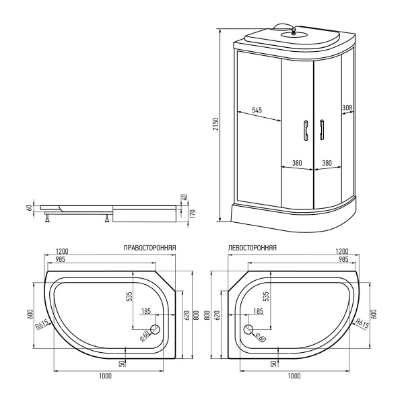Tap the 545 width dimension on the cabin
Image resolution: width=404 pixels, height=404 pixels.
pos(257,110)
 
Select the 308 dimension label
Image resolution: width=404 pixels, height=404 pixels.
pos(347,108)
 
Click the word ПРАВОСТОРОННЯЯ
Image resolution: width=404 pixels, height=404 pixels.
pos(150,248)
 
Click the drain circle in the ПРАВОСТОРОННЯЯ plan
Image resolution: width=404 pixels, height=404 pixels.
pos(154,330)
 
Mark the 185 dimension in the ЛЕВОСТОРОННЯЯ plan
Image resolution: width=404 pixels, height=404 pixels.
pos(257,311)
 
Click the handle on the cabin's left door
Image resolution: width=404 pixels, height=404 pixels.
pos(304,130)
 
